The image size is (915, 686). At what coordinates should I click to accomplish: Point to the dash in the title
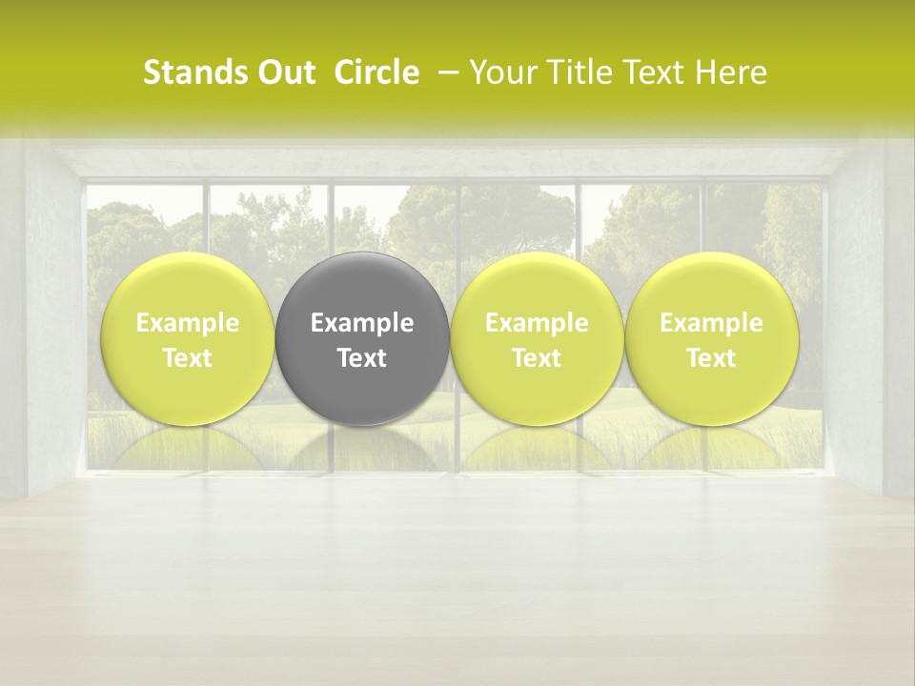pyautogui.click(x=445, y=73)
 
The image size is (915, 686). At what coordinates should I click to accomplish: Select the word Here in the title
pyautogui.click(x=731, y=73)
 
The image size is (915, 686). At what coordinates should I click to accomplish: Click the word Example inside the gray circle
pyautogui.click(x=362, y=323)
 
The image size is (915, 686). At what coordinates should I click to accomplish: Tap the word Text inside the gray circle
pyautogui.click(x=362, y=358)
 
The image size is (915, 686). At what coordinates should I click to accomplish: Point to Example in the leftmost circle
pyautogui.click(x=187, y=323)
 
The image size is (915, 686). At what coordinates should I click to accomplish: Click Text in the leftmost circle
pyautogui.click(x=187, y=358)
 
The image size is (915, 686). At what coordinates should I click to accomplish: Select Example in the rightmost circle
pyautogui.click(x=712, y=323)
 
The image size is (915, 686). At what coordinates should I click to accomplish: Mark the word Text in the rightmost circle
pyautogui.click(x=712, y=358)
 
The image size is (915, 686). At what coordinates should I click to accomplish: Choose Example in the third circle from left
pyautogui.click(x=537, y=323)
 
